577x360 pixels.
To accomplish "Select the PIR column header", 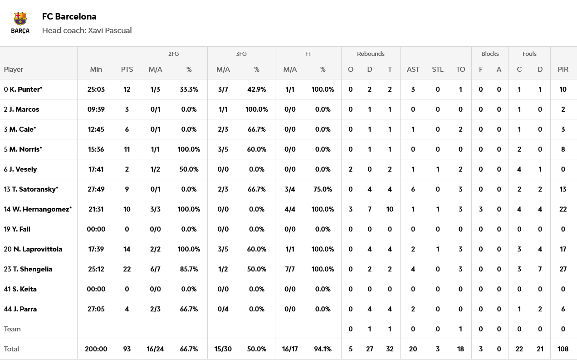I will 563,69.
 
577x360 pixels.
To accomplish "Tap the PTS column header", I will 127,69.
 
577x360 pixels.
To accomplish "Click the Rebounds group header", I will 371,54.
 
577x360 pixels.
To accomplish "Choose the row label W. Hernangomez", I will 38,209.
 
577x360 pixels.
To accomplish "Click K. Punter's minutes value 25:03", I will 96,89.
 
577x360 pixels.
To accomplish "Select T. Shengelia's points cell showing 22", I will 127,269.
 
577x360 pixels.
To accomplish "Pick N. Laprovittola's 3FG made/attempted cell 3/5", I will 223,249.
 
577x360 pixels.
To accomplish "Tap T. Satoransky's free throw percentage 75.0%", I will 323,189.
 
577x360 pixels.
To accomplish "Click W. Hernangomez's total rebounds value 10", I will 390,209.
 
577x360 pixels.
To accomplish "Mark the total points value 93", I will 127,349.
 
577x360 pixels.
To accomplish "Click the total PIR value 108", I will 563,349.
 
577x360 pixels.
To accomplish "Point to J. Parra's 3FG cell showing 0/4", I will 223,309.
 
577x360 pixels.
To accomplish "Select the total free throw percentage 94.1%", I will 323,349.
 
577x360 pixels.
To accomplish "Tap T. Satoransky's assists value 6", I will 413,189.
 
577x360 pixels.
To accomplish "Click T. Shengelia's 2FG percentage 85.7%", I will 189,269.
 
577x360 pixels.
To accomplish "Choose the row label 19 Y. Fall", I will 17,229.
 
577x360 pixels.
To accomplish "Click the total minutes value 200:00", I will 96,349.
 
